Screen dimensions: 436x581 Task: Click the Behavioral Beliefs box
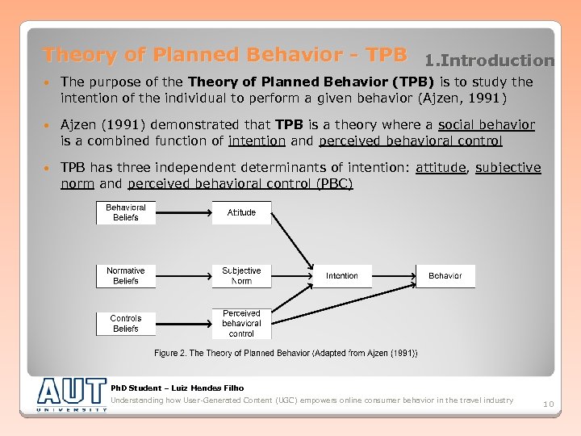[126, 212]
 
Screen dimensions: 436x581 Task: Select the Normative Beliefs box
[126, 276]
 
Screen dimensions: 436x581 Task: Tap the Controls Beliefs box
[126, 324]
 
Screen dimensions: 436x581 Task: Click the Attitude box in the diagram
[241, 212]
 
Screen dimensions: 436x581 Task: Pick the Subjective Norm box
[241, 276]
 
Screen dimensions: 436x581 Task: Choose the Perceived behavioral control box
[241, 324]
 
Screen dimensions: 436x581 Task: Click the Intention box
[342, 276]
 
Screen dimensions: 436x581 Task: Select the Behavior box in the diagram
[445, 276]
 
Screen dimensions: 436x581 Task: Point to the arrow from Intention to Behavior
[394, 276]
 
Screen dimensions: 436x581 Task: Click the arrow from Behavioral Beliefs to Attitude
[183, 212]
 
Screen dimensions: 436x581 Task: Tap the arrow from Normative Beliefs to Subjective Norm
[183, 276]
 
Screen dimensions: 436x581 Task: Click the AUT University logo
[72, 394]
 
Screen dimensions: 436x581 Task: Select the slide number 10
[548, 404]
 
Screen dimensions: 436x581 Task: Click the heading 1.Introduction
[491, 61]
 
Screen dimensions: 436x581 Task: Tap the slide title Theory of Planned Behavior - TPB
[224, 55]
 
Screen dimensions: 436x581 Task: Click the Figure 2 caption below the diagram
[286, 354]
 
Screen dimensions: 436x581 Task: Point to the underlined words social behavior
[486, 125]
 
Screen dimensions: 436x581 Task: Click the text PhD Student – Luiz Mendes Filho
[177, 388]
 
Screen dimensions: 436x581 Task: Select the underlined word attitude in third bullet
[440, 168]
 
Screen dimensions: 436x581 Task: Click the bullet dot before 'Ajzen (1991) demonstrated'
[48, 126]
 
